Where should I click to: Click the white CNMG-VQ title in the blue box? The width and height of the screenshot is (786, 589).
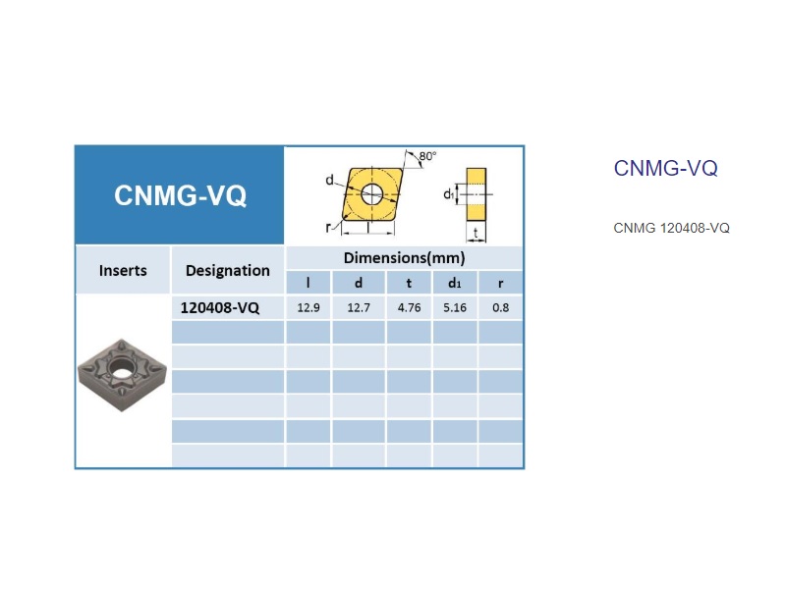click(x=180, y=195)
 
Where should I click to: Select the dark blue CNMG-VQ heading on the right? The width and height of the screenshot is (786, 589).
click(x=666, y=168)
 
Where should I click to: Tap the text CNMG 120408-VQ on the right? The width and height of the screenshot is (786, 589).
click(x=671, y=228)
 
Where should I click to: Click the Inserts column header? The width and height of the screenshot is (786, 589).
click(x=123, y=271)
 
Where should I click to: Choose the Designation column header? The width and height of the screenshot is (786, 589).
click(x=228, y=271)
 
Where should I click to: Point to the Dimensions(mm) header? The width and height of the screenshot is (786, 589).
click(x=404, y=258)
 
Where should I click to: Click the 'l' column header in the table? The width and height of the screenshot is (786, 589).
click(x=309, y=283)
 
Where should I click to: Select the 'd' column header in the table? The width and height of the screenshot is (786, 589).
click(x=359, y=283)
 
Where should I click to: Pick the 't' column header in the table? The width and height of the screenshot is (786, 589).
click(x=409, y=284)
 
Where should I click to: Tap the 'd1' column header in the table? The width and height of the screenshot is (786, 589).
click(x=454, y=284)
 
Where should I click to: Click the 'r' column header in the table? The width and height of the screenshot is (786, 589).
click(x=501, y=284)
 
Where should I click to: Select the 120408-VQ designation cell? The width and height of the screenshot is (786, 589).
click(x=219, y=307)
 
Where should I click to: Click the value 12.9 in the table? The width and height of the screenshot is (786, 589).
click(x=309, y=307)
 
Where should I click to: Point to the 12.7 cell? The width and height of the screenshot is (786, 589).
click(x=359, y=307)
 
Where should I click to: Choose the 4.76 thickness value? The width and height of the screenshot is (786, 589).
click(x=409, y=307)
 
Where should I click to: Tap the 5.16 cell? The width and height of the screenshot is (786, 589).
click(x=455, y=307)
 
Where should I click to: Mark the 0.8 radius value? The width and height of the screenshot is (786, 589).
click(x=501, y=307)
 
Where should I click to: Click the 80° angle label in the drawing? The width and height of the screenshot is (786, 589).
click(x=427, y=156)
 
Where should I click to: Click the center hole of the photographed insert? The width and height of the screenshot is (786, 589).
click(x=120, y=370)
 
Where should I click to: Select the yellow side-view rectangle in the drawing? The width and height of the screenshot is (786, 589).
click(x=477, y=194)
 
